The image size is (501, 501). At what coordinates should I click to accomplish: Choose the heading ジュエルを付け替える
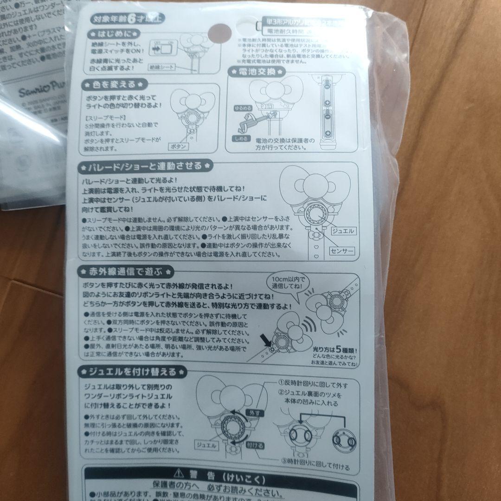click(134, 372)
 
